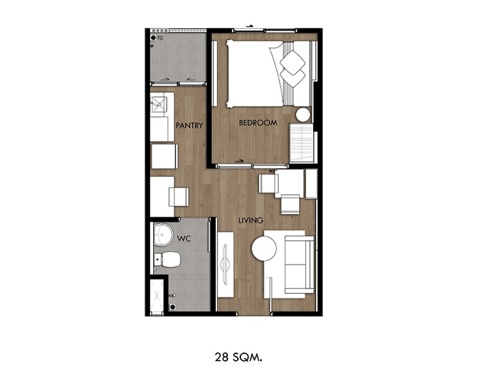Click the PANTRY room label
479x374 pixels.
coord(190,125)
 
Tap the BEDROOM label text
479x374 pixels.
coord(258,122)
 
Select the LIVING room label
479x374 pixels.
coord(250,220)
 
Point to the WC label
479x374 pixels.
coord(184,238)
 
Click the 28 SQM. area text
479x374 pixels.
coord(238,357)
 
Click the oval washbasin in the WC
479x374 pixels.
coord(163,235)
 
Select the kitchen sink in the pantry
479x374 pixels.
coord(158,104)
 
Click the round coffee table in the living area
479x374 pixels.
coord(264,249)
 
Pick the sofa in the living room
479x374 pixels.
coord(299,265)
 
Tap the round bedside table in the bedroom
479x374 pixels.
coord(303,115)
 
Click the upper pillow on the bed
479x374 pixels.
coord(292,62)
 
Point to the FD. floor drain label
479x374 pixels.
coord(161,38)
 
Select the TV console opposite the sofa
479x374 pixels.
coord(226,265)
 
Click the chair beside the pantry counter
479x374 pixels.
coord(178,197)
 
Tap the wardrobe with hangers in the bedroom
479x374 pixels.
coord(301,142)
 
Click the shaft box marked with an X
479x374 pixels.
coord(157,295)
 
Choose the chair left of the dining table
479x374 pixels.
coord(269,184)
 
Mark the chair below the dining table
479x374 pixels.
coord(291,204)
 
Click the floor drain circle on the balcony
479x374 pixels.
coord(153,37)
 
